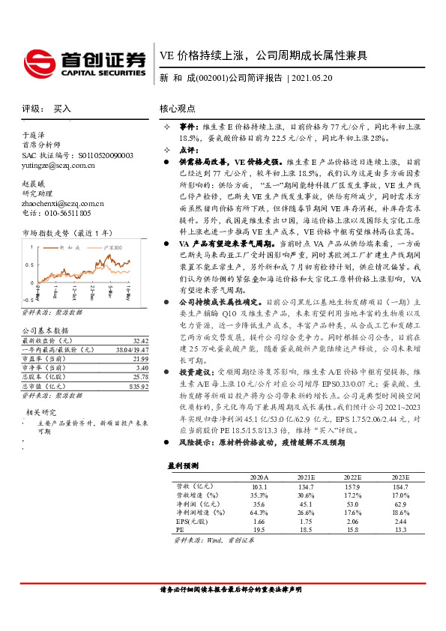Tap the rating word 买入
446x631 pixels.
pos(61,109)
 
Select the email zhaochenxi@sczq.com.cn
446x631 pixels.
pos(63,203)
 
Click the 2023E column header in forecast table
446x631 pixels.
pos(400,477)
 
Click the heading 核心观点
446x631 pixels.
pos(177,109)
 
